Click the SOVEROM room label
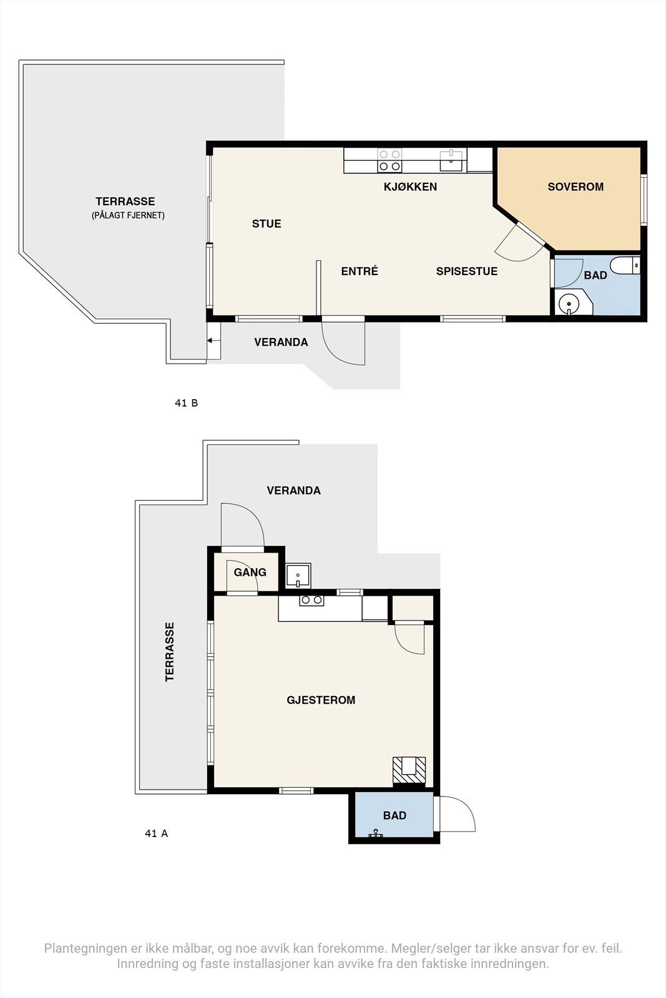[575, 187]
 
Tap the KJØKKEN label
[410, 187]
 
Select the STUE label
[267, 224]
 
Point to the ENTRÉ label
[360, 271]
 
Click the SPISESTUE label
[467, 271]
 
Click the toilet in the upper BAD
[625, 266]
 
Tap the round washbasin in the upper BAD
[569, 304]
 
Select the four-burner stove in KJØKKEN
[389, 160]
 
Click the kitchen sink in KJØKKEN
[451, 160]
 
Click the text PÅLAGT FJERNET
[129, 216]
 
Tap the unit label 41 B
[187, 403]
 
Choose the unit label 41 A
[157, 833]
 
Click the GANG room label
[250, 572]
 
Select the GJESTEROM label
[321, 700]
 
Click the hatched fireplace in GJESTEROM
[409, 770]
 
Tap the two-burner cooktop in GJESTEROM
[311, 600]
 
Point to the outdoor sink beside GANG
[298, 576]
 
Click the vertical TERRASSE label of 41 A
[169, 651]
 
